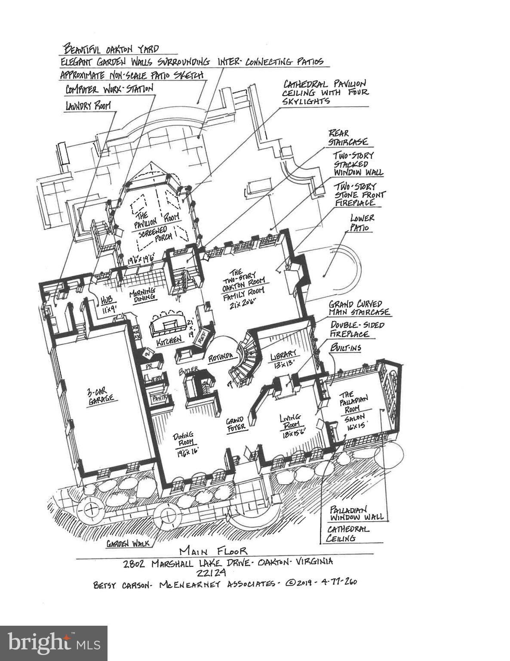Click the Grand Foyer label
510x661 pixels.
236,423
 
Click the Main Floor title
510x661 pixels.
213,551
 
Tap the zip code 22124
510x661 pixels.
211,572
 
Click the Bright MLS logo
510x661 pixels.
53,643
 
